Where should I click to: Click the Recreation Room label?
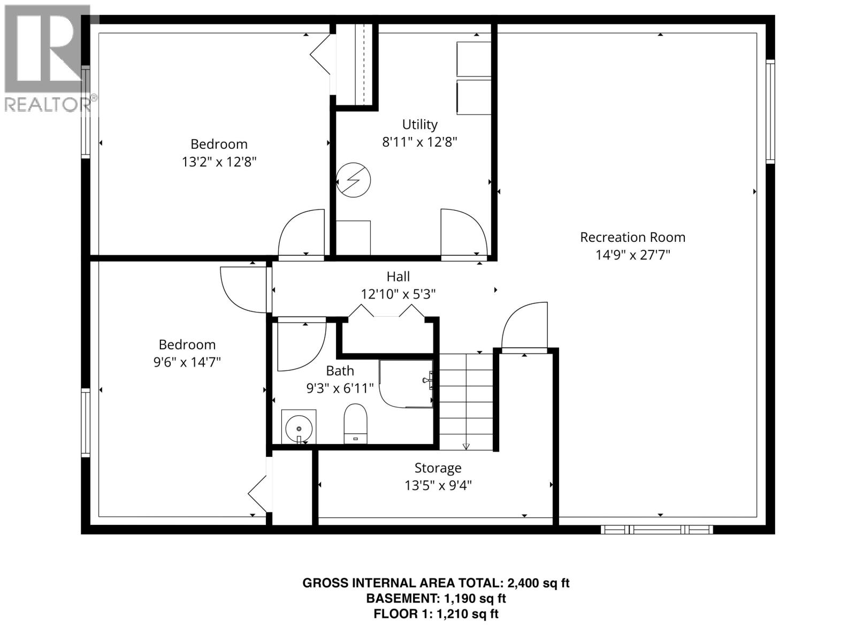point(632,237)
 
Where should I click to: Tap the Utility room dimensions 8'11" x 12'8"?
point(419,142)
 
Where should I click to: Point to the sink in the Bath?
point(299,427)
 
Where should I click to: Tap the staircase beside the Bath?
point(466,401)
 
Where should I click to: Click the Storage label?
point(438,468)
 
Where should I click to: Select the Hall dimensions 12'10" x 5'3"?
point(398,294)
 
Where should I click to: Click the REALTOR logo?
point(48,59)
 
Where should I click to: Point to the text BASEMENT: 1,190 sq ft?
point(435,598)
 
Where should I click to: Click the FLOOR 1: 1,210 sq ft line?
point(435,614)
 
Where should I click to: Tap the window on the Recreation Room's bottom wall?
point(656,530)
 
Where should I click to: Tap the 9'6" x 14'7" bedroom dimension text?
point(187,362)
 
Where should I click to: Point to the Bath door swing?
point(300,345)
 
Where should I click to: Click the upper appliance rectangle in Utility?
point(473,59)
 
